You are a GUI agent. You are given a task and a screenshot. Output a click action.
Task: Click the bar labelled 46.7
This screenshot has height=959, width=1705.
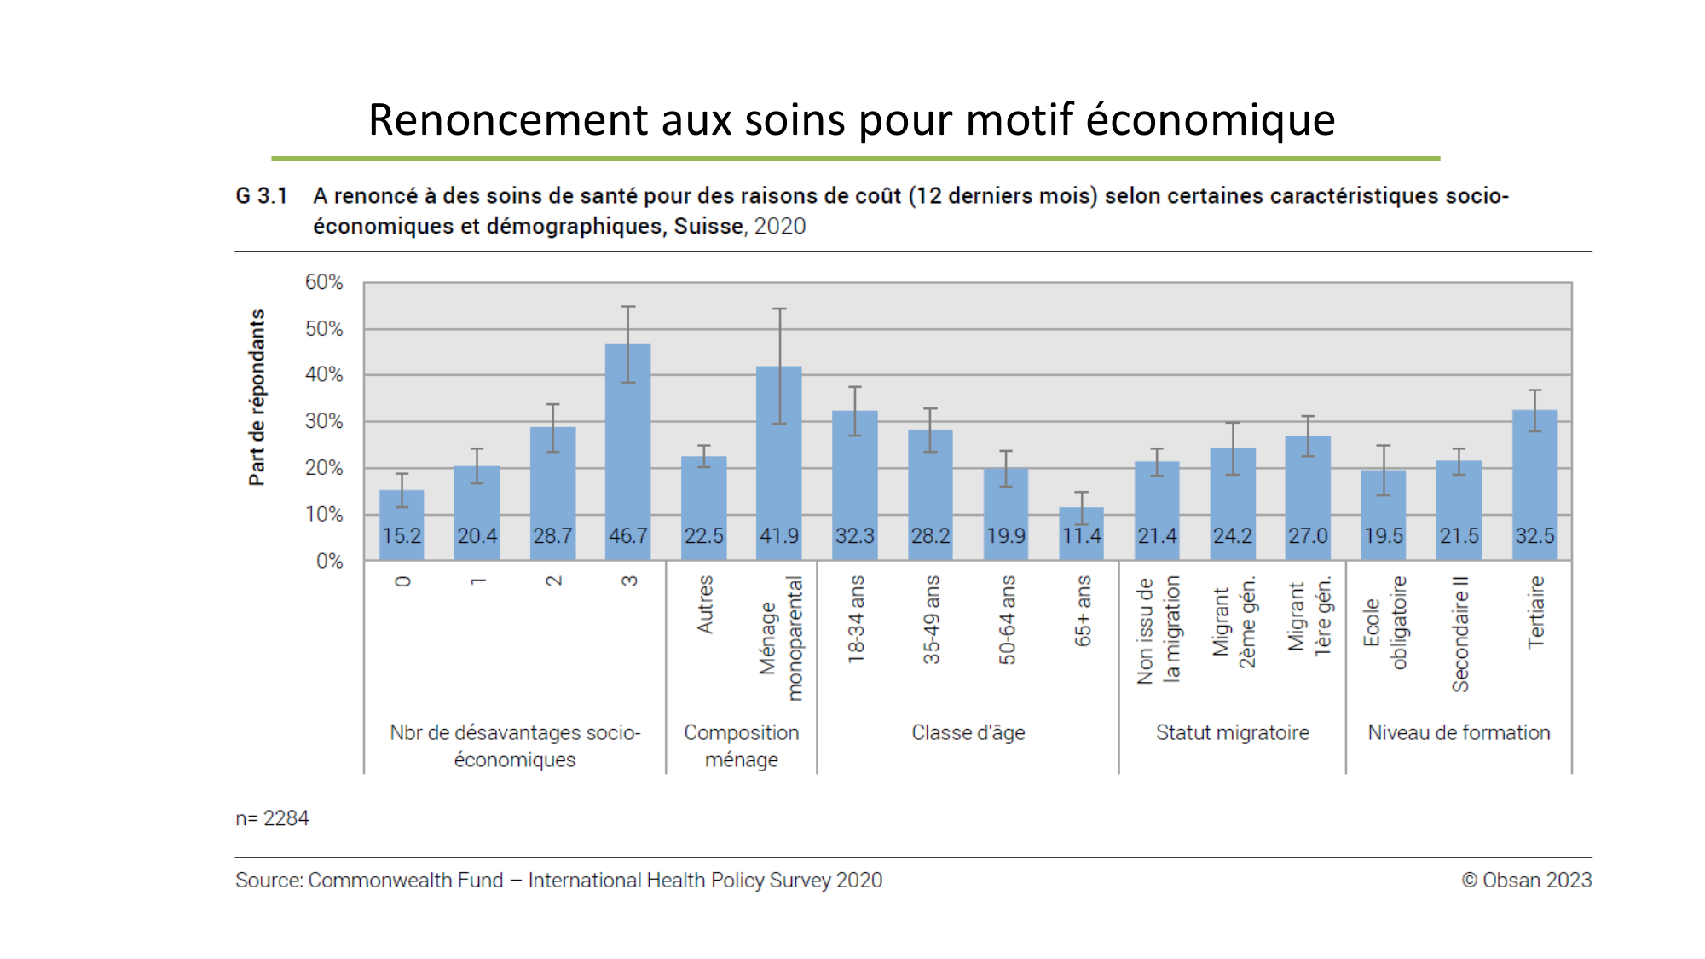tap(628, 443)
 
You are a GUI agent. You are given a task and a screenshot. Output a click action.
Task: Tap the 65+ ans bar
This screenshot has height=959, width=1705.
tap(1081, 534)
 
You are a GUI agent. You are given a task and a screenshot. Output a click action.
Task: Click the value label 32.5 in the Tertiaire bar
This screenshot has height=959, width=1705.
tap(1534, 536)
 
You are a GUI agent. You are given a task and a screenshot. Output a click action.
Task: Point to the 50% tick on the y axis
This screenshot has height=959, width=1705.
tap(324, 329)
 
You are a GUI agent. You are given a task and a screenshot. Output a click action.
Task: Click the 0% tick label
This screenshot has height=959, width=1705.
tap(329, 561)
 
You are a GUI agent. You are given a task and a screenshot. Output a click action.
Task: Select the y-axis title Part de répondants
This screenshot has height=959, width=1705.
tap(257, 398)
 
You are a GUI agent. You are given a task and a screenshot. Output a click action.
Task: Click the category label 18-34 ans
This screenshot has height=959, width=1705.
tap(856, 620)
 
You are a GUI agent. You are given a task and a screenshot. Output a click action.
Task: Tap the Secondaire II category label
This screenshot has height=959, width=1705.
tap(1460, 634)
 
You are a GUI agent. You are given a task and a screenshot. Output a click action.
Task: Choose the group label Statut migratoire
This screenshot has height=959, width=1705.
tap(1232, 732)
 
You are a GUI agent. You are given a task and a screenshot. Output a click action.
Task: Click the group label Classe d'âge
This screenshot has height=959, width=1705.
tap(968, 732)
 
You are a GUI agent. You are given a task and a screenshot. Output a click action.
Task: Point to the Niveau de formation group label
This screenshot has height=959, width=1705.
tap(1459, 732)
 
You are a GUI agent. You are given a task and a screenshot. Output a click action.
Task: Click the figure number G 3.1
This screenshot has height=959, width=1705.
tap(261, 196)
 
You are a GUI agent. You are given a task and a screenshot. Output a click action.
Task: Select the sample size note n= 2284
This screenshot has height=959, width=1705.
tap(272, 818)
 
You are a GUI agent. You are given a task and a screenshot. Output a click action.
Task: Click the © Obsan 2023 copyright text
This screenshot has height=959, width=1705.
tap(1526, 880)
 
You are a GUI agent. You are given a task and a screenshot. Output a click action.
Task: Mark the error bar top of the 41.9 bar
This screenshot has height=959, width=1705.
tap(779, 309)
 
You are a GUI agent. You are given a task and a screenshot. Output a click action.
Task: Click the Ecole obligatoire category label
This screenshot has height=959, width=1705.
tap(1384, 622)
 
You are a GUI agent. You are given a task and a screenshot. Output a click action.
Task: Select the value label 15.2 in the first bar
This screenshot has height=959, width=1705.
tap(402, 536)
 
